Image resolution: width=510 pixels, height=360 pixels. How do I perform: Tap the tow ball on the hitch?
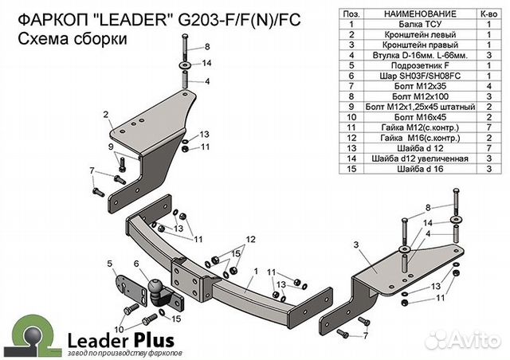click(154, 288)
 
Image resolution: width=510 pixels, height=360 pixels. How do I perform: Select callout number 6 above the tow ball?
click(136, 264)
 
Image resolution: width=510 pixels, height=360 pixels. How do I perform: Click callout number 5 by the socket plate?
click(109, 262)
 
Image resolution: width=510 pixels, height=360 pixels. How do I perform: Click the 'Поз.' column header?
click(348, 15)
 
